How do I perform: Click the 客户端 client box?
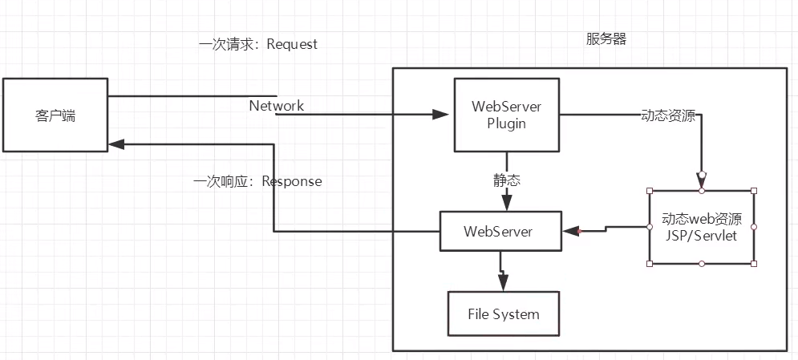(55, 115)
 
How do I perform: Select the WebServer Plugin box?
(506, 115)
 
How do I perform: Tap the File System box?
(503, 314)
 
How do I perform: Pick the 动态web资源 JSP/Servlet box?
(702, 227)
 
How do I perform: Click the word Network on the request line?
(276, 106)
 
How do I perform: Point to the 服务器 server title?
(606, 39)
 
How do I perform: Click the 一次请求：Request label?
(258, 44)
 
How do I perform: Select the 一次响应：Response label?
(258, 181)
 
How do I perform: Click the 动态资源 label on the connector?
(667, 115)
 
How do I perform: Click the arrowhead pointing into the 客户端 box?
(117, 144)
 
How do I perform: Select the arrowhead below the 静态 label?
(507, 203)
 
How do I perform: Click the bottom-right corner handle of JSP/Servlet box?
(754, 263)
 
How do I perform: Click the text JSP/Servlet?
(702, 236)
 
